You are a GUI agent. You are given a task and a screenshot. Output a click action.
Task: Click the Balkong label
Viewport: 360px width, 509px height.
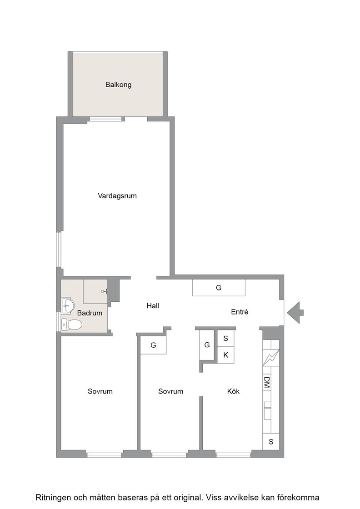(x=118, y=85)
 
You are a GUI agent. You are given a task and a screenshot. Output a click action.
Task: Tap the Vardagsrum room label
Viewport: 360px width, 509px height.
(x=117, y=196)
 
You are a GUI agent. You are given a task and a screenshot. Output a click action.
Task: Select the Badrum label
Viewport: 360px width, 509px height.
(x=90, y=313)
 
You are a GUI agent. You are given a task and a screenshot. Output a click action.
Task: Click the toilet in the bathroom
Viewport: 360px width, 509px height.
(x=72, y=324)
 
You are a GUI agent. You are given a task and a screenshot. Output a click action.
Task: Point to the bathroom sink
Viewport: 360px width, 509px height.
(x=68, y=305)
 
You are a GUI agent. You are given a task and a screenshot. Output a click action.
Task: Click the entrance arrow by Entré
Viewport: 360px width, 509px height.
(x=295, y=313)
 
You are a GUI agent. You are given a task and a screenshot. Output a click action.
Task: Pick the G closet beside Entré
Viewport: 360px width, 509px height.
(x=219, y=288)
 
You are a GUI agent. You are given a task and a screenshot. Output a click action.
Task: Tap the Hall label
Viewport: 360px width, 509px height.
(x=153, y=306)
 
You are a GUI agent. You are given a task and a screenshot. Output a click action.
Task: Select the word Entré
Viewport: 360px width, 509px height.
(x=240, y=312)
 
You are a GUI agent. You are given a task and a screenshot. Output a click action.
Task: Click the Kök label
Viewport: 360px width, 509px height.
(x=233, y=391)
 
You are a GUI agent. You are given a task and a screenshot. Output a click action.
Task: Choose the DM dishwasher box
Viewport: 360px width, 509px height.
(x=266, y=382)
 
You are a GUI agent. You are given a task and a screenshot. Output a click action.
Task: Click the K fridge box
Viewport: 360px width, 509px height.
(x=225, y=355)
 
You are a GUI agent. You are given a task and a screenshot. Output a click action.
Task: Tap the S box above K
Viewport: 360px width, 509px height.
(x=225, y=339)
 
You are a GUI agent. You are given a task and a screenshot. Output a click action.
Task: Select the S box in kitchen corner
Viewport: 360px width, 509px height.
(x=271, y=441)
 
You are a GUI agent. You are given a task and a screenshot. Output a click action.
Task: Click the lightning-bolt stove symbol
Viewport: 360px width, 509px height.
(x=271, y=357)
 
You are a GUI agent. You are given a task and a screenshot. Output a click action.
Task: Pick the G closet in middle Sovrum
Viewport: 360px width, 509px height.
(x=153, y=345)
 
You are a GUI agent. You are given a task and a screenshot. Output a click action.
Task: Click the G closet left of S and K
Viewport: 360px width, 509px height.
(x=207, y=345)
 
